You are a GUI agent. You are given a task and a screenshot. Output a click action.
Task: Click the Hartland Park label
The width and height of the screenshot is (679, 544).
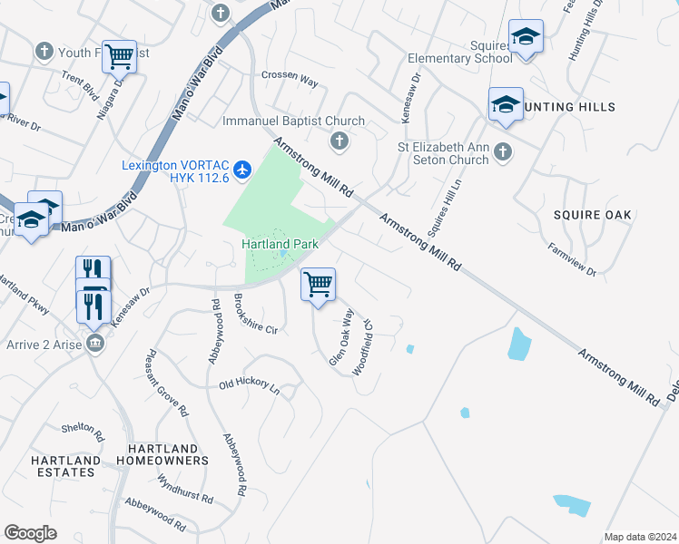(279, 244)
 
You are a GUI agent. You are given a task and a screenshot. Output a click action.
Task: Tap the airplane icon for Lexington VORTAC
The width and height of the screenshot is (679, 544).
(242, 170)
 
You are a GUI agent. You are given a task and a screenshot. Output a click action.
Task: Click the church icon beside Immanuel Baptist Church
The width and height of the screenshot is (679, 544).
(339, 141)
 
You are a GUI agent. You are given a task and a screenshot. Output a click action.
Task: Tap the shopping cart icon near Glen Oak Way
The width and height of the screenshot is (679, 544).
(318, 285)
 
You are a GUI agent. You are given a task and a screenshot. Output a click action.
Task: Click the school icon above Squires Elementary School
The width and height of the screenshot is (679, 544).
(526, 38)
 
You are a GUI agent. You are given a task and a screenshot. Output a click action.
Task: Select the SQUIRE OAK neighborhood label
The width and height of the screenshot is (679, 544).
(591, 215)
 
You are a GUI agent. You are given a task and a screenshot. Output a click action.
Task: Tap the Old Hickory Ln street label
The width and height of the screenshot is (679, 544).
(249, 385)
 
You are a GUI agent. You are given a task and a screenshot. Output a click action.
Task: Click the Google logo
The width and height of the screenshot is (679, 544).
(30, 533)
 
